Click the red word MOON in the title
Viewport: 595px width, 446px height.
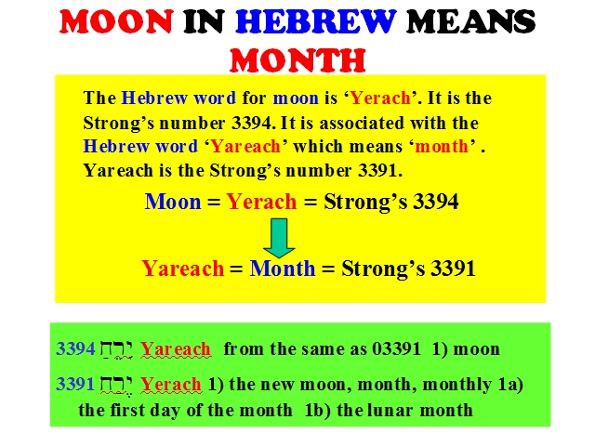tap(116, 21)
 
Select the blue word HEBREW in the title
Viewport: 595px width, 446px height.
tap(316, 21)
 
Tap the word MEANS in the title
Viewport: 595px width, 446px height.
tap(470, 21)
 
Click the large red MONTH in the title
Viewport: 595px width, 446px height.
tap(297, 59)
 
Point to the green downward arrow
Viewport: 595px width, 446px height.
tap(279, 238)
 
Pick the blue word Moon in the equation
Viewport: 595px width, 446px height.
tap(173, 202)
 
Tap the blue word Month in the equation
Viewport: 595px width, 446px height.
tap(283, 269)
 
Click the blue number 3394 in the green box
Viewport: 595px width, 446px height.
tap(75, 348)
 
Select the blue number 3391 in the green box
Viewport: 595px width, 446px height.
tap(75, 384)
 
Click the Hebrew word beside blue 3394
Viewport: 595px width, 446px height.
tap(116, 349)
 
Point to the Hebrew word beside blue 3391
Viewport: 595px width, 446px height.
tap(116, 385)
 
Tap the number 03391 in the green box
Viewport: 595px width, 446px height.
tap(396, 349)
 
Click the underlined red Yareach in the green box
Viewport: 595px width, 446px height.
tap(176, 349)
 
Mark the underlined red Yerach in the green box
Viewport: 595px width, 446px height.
tap(171, 384)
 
